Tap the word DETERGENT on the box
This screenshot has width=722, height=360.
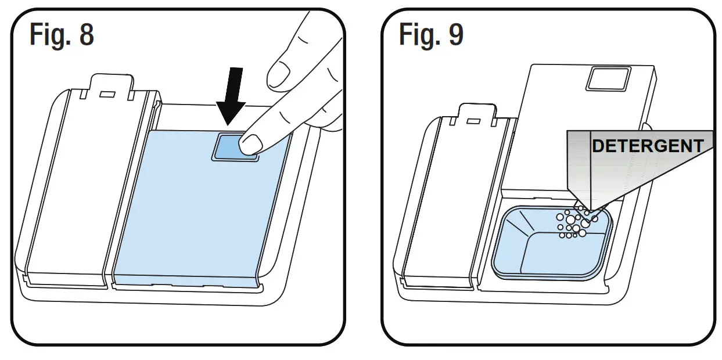[647, 146]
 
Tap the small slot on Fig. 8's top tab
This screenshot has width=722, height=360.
[108, 93]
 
